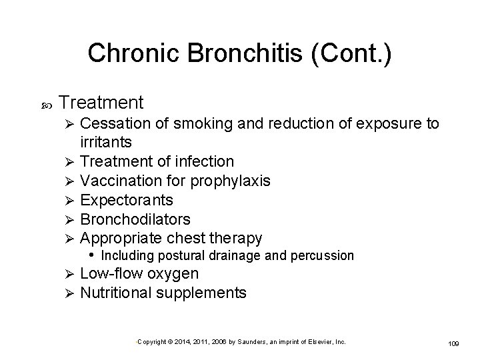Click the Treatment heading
coord(101,102)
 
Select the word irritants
coord(106,141)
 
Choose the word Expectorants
coord(126,199)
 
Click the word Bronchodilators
coord(135,219)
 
